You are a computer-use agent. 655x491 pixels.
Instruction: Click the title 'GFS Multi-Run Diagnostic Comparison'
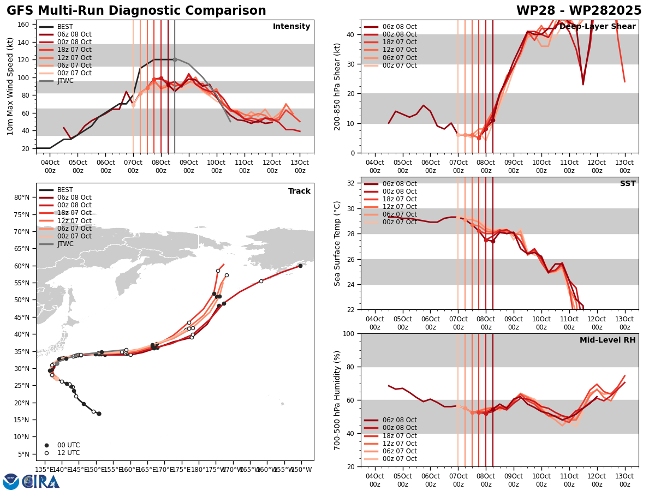(x=136, y=11)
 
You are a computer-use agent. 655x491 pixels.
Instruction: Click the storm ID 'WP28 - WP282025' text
(x=579, y=11)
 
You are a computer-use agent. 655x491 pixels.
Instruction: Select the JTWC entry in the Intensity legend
(x=65, y=81)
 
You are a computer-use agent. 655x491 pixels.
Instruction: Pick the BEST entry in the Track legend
(x=65, y=190)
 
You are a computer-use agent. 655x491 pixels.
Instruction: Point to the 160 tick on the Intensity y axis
(x=25, y=24)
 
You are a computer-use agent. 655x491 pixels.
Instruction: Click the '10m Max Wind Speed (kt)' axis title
(x=10, y=86)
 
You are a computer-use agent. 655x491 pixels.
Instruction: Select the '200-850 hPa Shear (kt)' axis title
(x=338, y=86)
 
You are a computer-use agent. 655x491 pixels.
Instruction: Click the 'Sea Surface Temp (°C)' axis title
(x=338, y=243)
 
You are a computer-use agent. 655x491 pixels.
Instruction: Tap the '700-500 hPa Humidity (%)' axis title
(x=338, y=400)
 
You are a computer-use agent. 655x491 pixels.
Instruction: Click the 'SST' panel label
(x=628, y=184)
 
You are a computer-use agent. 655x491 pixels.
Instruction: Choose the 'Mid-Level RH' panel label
(x=608, y=340)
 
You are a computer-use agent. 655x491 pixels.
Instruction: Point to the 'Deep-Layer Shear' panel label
(x=605, y=27)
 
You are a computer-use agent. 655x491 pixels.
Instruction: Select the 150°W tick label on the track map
(x=301, y=469)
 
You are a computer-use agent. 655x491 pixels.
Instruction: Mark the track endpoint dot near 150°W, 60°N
(x=300, y=266)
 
